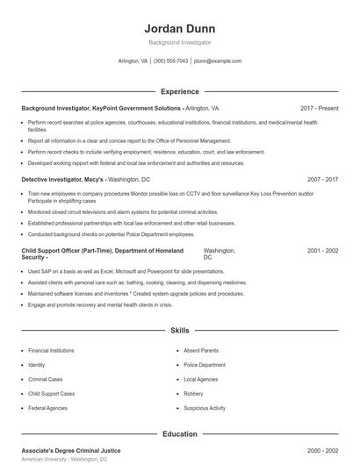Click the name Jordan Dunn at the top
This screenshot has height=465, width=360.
pos(179,26)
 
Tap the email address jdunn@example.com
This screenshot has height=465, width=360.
pos(217,61)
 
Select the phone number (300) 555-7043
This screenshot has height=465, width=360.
pos(170,61)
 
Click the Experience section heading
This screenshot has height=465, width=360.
pos(179,91)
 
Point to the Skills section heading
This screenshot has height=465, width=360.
pos(179,331)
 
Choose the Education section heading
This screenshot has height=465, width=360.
pos(179,433)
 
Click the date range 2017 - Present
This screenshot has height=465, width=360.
pos(319,108)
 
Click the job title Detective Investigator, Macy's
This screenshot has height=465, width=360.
pos(62,179)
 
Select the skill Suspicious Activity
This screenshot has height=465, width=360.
pos(205,408)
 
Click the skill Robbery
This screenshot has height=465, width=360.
pos(194,394)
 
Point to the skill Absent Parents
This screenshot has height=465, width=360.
pos(201,350)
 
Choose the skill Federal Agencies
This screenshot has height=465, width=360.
pos(47,408)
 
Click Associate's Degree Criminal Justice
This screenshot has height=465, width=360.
pos(70,450)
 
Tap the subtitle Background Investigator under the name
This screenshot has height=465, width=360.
pos(179,42)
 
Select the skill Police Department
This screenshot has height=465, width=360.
pos(205,364)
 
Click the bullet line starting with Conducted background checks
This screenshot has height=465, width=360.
pos(112,234)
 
